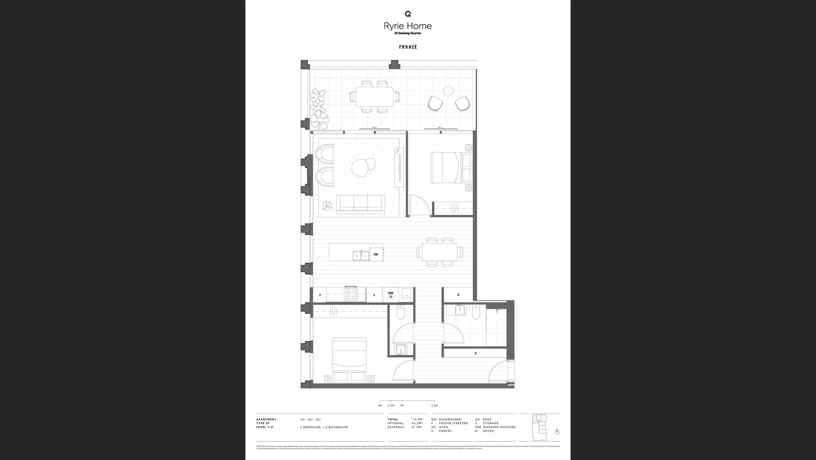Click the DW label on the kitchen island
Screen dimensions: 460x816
click(x=376, y=255)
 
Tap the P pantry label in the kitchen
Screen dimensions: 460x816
click(x=320, y=295)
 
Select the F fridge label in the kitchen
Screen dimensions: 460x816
click(x=374, y=295)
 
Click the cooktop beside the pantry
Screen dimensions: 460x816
click(x=351, y=294)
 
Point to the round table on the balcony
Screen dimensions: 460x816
click(x=448, y=91)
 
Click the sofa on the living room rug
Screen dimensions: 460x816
click(x=360, y=204)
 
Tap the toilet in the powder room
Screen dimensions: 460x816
click(x=400, y=314)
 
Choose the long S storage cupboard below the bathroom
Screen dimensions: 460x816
click(x=475, y=354)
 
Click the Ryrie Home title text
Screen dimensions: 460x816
click(x=408, y=26)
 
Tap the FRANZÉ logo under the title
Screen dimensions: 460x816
click(x=408, y=47)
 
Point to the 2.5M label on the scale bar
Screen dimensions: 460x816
click(x=434, y=405)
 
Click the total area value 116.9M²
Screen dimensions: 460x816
click(x=417, y=420)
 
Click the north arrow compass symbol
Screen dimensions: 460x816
click(x=557, y=432)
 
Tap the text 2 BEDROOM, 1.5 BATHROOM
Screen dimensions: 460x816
click(x=324, y=427)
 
